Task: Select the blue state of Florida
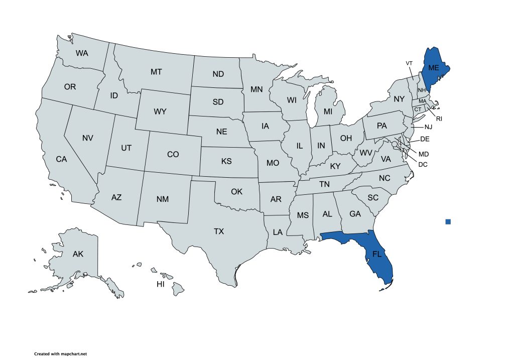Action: [x=377, y=255]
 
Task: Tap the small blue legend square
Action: [x=448, y=221]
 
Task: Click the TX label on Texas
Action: [x=219, y=231]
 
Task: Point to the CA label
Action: [x=61, y=159]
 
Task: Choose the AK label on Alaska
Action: [x=78, y=254]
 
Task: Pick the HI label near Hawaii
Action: [x=161, y=284]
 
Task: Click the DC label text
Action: [x=423, y=164]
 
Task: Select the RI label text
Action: [x=439, y=119]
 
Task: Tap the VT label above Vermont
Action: [x=409, y=63]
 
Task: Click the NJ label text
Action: [x=428, y=127]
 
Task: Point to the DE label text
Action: [x=425, y=139]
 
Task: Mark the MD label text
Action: [x=424, y=154]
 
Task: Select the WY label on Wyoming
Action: [x=160, y=111]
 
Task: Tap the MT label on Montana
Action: [x=156, y=72]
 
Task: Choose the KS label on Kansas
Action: [x=226, y=162]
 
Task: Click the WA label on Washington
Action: [x=82, y=53]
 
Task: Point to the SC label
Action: [x=372, y=197]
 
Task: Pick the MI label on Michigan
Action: [x=328, y=111]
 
